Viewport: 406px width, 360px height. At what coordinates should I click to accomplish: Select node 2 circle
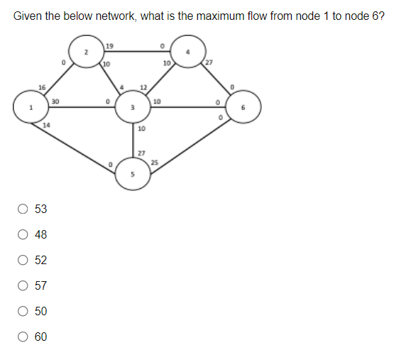[x=85, y=52]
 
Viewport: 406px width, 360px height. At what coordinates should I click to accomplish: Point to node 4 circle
[x=188, y=52]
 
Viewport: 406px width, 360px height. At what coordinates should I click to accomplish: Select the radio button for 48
[x=23, y=234]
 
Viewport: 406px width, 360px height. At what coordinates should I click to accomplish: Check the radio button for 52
[x=23, y=260]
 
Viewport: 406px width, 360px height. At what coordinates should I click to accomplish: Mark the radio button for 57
[x=23, y=285]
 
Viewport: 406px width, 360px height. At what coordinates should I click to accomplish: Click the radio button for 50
[x=23, y=311]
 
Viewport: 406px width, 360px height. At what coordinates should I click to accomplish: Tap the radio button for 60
[x=23, y=337]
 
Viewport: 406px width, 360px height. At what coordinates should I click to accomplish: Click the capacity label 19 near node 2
[x=108, y=47]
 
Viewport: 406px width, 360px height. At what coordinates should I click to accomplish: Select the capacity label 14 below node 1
[x=46, y=125]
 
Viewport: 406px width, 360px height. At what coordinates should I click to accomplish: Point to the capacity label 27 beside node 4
[x=210, y=65]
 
